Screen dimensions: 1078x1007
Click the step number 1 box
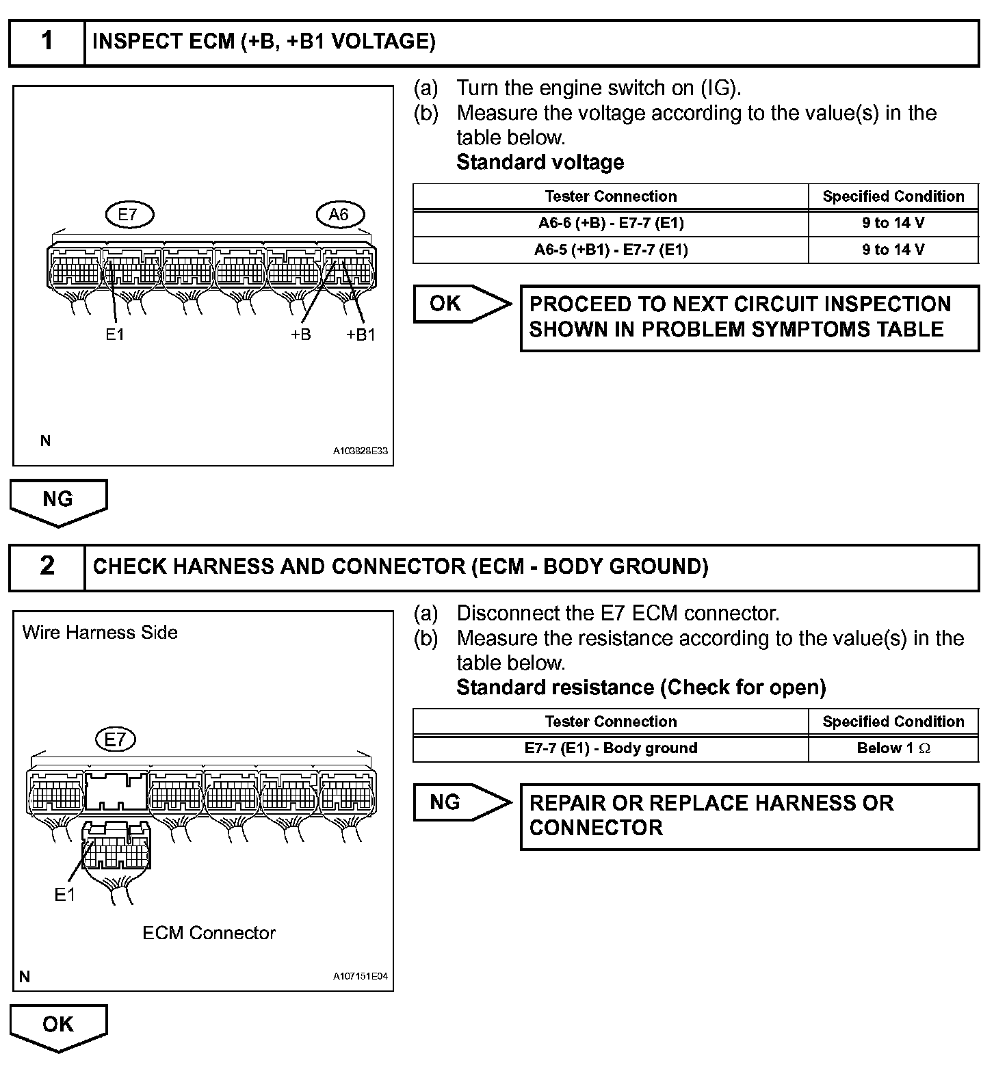tap(47, 42)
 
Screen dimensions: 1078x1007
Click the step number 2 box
tap(47, 567)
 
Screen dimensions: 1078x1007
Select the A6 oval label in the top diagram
tap(339, 215)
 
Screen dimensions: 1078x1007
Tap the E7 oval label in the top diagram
tap(129, 215)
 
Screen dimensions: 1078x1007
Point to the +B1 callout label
tap(361, 335)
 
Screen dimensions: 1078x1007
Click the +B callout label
tap(301, 335)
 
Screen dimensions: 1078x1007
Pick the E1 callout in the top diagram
tap(114, 335)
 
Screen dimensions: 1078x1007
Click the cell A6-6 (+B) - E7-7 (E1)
tap(610, 223)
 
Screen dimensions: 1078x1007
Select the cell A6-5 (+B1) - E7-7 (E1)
tap(610, 250)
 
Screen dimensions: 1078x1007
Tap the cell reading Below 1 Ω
tap(893, 748)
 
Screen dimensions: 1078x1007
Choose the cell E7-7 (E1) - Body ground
tap(610, 748)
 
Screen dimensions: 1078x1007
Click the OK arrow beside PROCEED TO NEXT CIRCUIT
tap(462, 304)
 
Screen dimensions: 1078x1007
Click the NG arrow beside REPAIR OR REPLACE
tap(462, 802)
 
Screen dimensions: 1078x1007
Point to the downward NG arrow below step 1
tap(58, 501)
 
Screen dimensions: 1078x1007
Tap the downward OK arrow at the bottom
tap(58, 1025)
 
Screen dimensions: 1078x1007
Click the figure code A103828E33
tap(360, 451)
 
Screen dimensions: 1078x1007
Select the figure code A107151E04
tap(360, 977)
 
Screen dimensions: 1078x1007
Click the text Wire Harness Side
tap(100, 633)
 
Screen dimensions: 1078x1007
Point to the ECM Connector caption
tap(209, 934)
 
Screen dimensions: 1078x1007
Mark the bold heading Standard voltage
tap(540, 163)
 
